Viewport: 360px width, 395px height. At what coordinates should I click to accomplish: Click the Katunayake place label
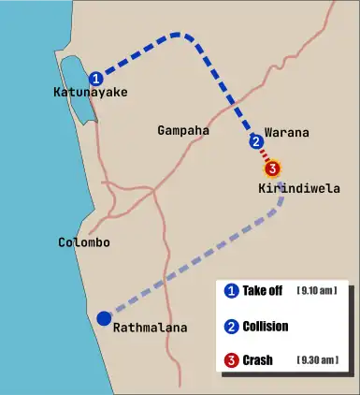pos(91,93)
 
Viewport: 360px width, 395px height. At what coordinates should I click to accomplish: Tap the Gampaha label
pos(183,131)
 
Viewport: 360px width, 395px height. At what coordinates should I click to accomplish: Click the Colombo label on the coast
pos(84,242)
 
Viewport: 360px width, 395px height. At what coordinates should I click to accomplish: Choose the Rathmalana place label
pos(150,328)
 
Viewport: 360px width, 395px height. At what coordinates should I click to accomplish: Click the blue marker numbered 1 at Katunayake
pos(95,79)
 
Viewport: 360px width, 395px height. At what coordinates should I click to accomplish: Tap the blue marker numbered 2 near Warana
pos(256,142)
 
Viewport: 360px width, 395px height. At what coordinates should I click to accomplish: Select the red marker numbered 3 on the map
pos(272,169)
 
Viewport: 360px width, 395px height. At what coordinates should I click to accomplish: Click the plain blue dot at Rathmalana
pos(104,318)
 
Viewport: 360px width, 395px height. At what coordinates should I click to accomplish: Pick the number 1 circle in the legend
pos(231,291)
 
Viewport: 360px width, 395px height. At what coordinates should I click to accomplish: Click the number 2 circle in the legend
pos(231,327)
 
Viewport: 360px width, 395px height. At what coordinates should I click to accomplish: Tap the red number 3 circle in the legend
pos(231,360)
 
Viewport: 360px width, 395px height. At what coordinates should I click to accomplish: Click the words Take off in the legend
pos(262,291)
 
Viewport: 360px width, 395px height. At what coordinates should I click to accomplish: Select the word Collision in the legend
pos(265,327)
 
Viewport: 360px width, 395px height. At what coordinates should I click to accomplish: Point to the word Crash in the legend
pos(257,360)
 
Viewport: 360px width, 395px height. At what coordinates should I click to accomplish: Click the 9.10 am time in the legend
pos(316,291)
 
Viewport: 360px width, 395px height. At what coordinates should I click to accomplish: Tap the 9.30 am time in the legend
pos(316,360)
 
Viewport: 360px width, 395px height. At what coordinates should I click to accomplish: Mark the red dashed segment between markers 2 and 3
pos(265,156)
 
